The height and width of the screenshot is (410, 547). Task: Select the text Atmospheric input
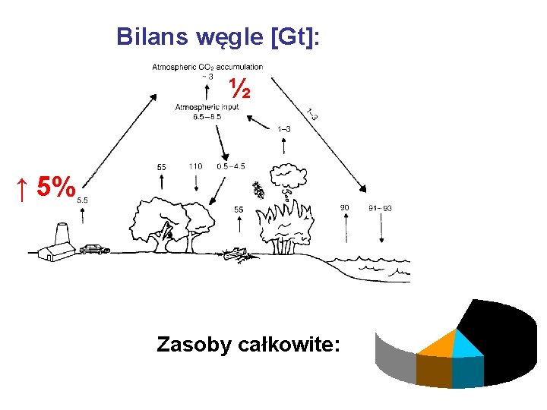pyautogui.click(x=207, y=107)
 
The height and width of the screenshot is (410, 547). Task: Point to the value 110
pyautogui.click(x=195, y=166)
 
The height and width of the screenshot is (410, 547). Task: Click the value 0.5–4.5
pyautogui.click(x=230, y=166)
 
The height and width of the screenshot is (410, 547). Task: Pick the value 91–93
pyautogui.click(x=380, y=208)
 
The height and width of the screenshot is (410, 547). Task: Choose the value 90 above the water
pyautogui.click(x=344, y=207)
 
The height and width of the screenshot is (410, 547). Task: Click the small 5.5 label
pyautogui.click(x=82, y=200)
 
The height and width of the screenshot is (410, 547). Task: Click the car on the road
pyautogui.click(x=94, y=248)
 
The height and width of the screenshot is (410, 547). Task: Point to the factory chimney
pyautogui.click(x=62, y=232)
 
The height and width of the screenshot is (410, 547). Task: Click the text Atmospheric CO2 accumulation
pyautogui.click(x=207, y=67)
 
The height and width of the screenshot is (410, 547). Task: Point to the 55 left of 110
pyautogui.click(x=161, y=167)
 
